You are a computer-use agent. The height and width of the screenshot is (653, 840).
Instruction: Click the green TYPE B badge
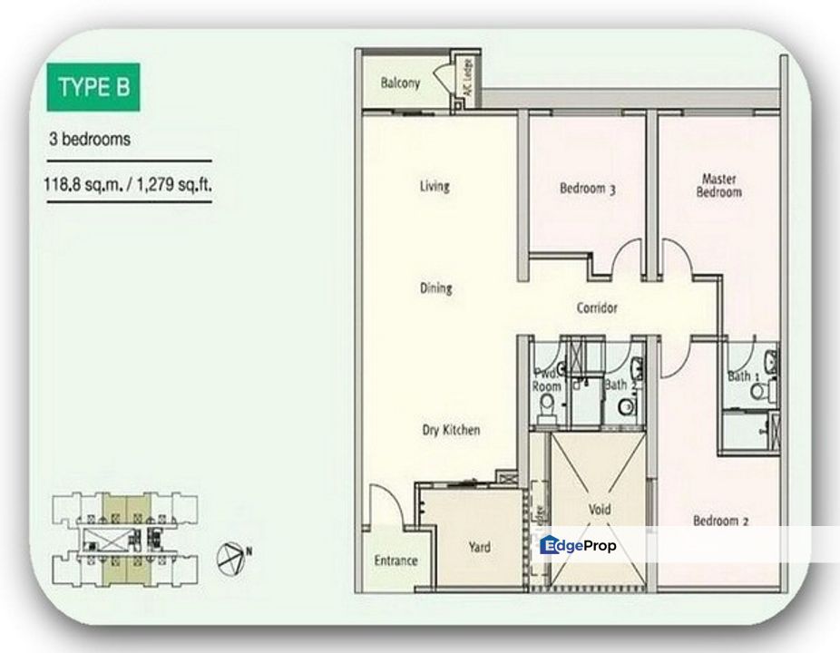93,87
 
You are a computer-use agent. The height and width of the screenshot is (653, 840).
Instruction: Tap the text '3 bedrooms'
90,140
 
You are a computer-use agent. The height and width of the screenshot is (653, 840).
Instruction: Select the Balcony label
400,83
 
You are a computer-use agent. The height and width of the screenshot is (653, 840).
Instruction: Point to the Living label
435,187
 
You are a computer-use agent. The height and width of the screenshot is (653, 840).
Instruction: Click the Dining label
435,288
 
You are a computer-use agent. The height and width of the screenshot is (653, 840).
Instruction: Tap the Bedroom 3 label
588,189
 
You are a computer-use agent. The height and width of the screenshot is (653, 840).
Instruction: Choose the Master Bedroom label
718,185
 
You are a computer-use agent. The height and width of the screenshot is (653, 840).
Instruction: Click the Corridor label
597,308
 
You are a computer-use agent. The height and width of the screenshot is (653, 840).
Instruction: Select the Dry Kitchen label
451,430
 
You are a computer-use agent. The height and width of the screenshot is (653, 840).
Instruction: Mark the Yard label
479,547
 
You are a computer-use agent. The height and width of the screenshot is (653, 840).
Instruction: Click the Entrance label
396,560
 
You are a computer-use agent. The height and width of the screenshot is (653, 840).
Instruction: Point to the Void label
600,510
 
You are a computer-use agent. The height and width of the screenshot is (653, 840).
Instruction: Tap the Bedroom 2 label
720,521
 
